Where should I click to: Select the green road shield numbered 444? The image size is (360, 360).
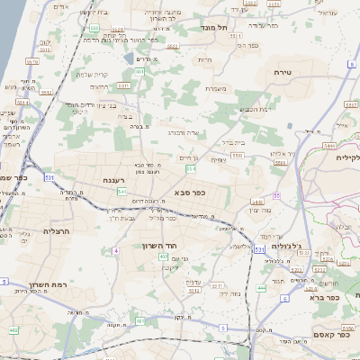pyautogui.click(x=261, y=288)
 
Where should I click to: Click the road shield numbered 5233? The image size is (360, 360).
pyautogui.click(x=304, y=253)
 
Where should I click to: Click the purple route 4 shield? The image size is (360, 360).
pyautogui.click(x=116, y=250)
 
